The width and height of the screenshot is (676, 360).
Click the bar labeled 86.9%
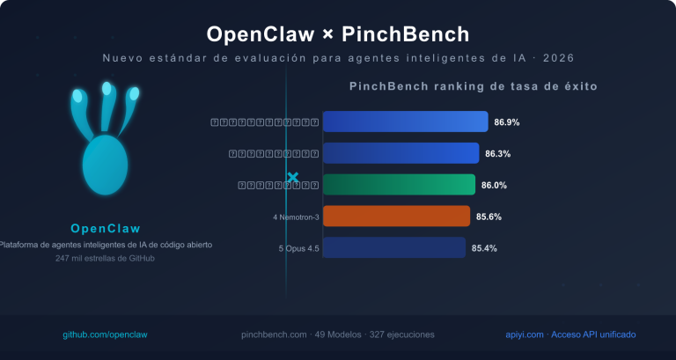(405, 121)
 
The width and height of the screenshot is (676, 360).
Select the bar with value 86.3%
(400, 153)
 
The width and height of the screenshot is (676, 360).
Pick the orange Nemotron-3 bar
(396, 217)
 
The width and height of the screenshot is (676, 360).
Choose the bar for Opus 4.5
(393, 248)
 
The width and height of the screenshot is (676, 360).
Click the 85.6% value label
(489, 217)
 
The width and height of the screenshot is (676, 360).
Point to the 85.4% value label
(485, 248)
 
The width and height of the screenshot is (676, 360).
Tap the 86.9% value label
(507, 121)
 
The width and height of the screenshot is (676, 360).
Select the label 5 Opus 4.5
(298, 248)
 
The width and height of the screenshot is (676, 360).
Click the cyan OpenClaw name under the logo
(106, 228)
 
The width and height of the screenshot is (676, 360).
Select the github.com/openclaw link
(105, 334)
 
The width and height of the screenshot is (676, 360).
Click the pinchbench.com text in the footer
(274, 334)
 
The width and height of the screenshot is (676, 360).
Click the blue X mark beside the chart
(293, 178)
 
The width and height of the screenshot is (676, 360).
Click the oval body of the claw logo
(105, 165)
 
